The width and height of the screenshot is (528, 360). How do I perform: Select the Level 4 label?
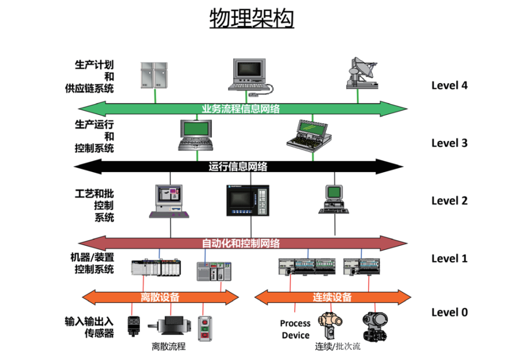449,85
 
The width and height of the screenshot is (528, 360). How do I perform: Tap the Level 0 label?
449,312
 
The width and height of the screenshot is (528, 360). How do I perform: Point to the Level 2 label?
449,201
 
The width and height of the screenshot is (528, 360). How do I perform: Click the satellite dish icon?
362,74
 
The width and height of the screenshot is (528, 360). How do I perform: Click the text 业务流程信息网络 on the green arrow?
241,109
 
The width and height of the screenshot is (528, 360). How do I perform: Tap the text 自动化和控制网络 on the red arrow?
241,243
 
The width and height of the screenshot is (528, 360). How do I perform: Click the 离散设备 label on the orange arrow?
160,297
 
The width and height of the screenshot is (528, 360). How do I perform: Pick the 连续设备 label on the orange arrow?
332,297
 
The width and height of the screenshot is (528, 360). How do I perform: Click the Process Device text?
295,329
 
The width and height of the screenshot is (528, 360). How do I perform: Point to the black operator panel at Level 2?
247,200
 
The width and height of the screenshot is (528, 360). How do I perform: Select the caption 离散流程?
169,347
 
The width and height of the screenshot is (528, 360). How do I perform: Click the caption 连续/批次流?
337,347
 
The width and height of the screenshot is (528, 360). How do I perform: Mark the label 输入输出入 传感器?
89,327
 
